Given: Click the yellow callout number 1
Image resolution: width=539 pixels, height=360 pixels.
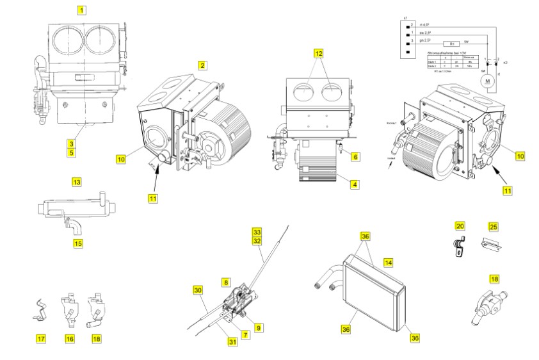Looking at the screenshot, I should tap(81, 10).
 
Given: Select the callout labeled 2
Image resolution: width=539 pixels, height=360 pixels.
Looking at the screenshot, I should tap(202, 65).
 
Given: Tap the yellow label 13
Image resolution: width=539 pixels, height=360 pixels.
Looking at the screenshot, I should tap(76, 183).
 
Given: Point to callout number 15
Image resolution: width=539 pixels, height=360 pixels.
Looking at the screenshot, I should tap(78, 243).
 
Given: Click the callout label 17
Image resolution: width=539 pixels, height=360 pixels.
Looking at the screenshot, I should tap(41, 338).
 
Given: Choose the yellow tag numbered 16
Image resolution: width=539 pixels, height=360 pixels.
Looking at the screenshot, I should tap(70, 338).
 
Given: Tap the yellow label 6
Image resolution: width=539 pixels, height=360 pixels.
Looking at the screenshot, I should tap(355, 156).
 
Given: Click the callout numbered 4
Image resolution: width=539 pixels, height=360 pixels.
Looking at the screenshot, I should tap(354, 184).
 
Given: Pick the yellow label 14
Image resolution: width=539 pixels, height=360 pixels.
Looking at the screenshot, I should tap(387, 263).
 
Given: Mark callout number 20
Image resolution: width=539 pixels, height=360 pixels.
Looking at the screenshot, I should tap(460, 225).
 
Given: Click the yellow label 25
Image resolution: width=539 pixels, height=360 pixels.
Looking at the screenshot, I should tap(493, 226).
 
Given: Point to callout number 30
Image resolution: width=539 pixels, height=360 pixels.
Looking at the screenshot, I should tap(198, 290).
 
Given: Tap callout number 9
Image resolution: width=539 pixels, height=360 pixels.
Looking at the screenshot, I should tap(259, 327).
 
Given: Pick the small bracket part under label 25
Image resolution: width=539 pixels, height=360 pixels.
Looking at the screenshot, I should tap(492, 244).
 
